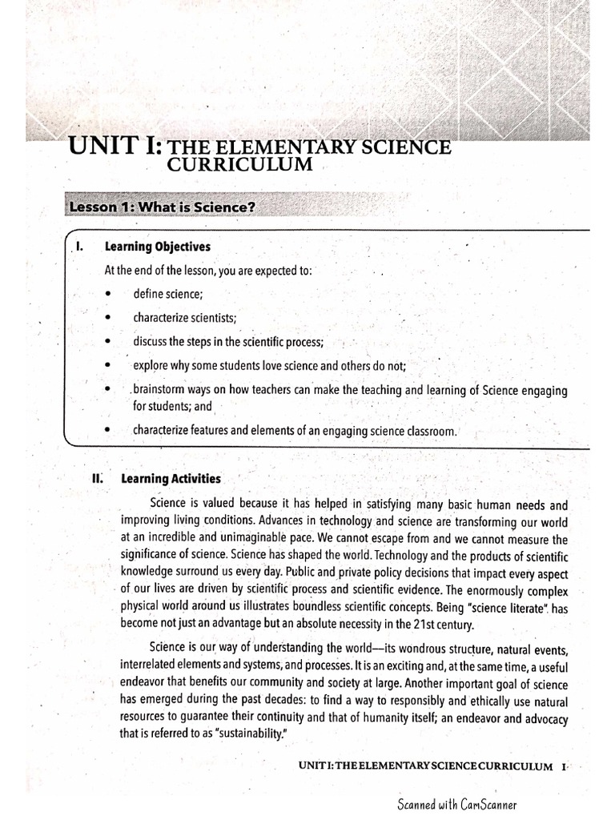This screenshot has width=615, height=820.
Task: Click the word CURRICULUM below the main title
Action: point(239,165)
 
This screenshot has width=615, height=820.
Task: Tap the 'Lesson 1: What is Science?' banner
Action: point(163,207)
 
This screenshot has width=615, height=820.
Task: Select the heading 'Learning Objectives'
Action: point(163,247)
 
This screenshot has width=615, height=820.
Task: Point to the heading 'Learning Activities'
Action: point(171,479)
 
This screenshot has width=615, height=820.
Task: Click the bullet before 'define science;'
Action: point(107,295)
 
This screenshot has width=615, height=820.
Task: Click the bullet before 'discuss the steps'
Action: point(107,342)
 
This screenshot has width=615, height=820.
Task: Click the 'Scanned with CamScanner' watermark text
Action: point(463,803)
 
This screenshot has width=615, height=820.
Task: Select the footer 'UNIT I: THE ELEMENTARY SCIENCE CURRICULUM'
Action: point(425,766)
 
